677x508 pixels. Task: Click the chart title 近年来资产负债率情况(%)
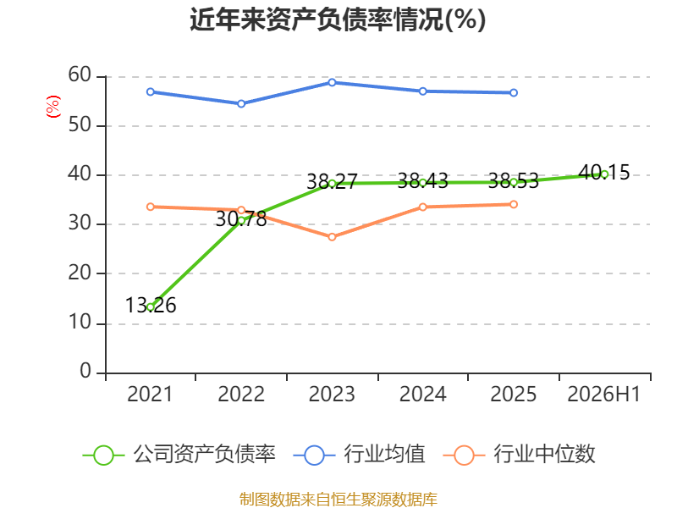tap(338, 19)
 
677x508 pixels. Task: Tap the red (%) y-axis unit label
tap(53, 107)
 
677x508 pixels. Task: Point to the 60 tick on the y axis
tap(80, 75)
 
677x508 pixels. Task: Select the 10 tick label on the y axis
tap(80, 323)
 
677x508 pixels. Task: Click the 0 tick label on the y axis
tap(85, 372)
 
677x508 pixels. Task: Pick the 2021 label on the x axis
tap(150, 394)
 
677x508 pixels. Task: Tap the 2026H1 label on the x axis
tap(603, 394)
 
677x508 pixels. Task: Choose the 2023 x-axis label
tap(332, 394)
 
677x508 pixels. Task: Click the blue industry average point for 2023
tap(332, 82)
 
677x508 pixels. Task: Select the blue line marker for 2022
tap(241, 103)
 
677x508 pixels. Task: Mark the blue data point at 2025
tap(514, 92)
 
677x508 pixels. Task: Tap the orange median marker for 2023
tap(332, 237)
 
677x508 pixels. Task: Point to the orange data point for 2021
tap(151, 207)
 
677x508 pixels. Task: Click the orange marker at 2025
tap(514, 204)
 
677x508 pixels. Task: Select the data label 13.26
tap(151, 306)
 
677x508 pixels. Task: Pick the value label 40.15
tap(604, 173)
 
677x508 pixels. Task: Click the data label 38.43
tap(422, 181)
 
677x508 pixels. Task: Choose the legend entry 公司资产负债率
tap(179, 455)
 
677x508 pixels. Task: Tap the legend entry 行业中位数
tap(520, 455)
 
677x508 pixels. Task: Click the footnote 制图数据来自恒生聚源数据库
tap(338, 500)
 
